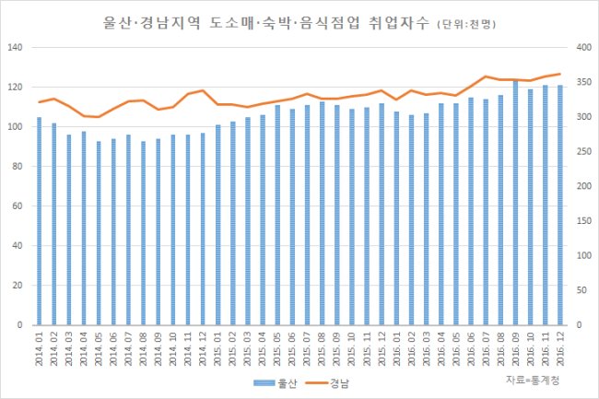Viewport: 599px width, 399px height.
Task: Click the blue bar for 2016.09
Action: point(515,203)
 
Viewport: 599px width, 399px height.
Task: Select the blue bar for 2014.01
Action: point(39,221)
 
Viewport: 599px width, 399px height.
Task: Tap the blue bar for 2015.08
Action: point(322,214)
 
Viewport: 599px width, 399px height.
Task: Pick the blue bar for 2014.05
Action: point(99,233)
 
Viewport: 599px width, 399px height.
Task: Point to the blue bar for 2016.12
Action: point(560,205)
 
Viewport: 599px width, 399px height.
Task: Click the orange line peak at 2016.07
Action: point(486,76)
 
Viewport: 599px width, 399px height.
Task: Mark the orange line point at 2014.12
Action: point(203,90)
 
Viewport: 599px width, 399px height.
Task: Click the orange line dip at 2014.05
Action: point(99,117)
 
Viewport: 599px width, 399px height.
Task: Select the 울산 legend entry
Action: point(275,383)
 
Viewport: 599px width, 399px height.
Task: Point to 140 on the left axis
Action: point(16,47)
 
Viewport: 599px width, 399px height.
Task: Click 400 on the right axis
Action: point(584,47)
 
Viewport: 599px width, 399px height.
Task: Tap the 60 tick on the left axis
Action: point(18,206)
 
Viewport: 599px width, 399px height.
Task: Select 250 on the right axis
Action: point(584,151)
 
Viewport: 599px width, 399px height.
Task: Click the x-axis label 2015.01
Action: point(217,348)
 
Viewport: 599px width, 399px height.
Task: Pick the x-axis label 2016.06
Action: point(471,348)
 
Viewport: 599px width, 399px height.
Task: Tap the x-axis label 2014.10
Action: point(173,348)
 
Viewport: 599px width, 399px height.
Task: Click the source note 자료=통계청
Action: point(533,380)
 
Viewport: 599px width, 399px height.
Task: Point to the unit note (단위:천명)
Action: point(466,25)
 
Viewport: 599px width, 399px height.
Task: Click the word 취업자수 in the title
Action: point(400,23)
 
